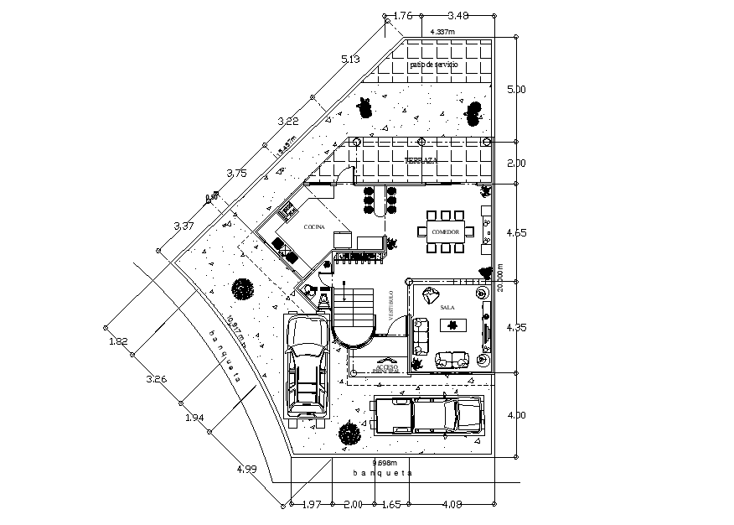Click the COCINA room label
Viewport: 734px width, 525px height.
click(x=314, y=227)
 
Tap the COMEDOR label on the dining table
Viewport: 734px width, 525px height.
click(x=445, y=231)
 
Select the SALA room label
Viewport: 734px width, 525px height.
click(x=447, y=308)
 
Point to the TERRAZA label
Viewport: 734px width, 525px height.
click(x=421, y=160)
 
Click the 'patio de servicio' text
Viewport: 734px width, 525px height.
click(x=433, y=65)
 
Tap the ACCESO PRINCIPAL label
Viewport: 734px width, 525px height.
click(x=387, y=368)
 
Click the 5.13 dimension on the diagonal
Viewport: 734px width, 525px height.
click(x=350, y=60)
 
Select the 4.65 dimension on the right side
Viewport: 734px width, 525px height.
click(x=517, y=232)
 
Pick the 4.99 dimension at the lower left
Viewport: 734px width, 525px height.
click(x=246, y=469)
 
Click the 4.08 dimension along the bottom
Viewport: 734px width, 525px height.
click(x=452, y=504)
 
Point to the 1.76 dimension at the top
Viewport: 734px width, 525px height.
click(x=403, y=15)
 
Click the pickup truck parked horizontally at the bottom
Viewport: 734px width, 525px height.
click(x=427, y=414)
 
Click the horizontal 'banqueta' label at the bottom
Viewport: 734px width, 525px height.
click(x=383, y=473)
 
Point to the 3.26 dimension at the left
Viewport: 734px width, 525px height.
click(x=157, y=379)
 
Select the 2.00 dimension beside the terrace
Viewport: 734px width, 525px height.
click(x=517, y=163)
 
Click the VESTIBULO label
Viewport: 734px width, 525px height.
click(x=390, y=304)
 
